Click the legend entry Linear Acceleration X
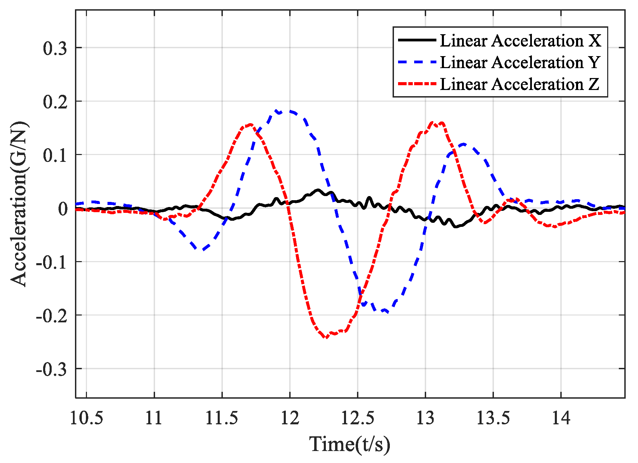520,41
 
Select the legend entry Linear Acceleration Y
520,63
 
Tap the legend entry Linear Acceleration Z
520,85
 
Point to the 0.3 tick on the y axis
55,48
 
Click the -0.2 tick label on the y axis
51,316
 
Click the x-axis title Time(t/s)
349,445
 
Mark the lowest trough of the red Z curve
326,337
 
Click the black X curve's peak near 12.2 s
318,190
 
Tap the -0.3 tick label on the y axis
51,369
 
